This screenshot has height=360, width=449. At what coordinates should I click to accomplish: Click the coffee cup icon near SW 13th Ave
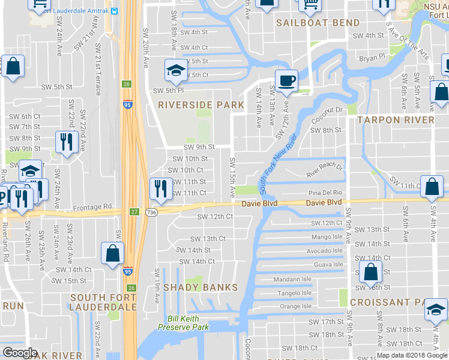click(x=286, y=80)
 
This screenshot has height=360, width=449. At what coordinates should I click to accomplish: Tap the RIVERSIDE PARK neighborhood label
click(x=201, y=105)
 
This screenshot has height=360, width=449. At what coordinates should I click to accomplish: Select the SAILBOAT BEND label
click(x=318, y=23)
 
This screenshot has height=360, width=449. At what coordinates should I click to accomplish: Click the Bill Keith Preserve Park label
click(x=183, y=323)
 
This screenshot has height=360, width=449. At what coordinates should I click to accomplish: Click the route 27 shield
click(x=135, y=211)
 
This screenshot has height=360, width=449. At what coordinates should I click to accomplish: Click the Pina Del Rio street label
click(x=324, y=193)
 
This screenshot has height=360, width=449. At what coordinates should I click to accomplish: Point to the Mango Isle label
click(x=327, y=236)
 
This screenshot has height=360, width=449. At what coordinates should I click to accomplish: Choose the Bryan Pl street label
click(x=372, y=58)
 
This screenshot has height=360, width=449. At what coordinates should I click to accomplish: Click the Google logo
click(x=20, y=353)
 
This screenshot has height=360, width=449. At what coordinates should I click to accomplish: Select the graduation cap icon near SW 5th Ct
click(x=175, y=71)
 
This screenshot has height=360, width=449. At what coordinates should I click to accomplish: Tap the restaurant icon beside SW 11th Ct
click(x=160, y=187)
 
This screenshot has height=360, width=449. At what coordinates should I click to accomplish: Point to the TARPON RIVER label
click(x=396, y=120)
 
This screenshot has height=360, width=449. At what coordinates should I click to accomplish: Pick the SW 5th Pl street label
click(x=167, y=91)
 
